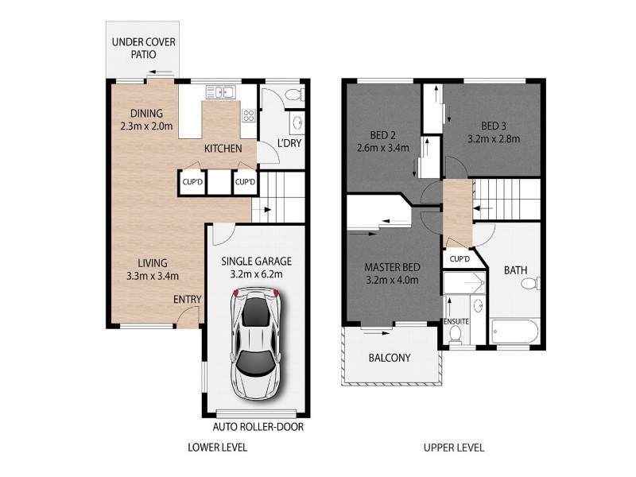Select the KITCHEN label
(223, 149)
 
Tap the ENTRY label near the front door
(187, 299)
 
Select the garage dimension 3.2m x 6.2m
(256, 275)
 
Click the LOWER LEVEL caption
(217, 448)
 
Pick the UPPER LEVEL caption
(455, 448)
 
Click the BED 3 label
(494, 126)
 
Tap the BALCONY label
(390, 358)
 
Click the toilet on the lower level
(292, 96)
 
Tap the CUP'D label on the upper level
(460, 259)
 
